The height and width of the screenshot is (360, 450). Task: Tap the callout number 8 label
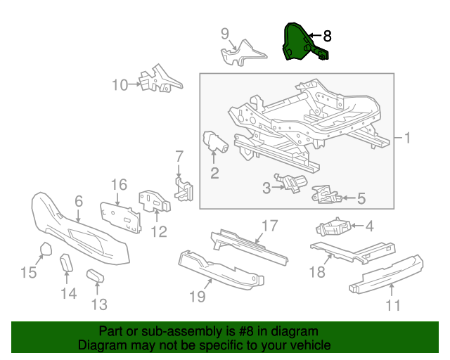327,36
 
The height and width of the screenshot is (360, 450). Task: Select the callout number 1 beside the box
406,138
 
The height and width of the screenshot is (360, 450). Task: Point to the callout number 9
225,33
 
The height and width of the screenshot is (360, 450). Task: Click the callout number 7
179,156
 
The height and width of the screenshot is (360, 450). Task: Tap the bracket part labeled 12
155,201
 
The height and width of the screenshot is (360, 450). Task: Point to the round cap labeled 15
45,250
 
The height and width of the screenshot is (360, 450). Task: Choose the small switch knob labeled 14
65,264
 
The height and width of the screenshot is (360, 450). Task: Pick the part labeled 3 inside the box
290,182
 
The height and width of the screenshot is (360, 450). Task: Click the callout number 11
392,305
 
